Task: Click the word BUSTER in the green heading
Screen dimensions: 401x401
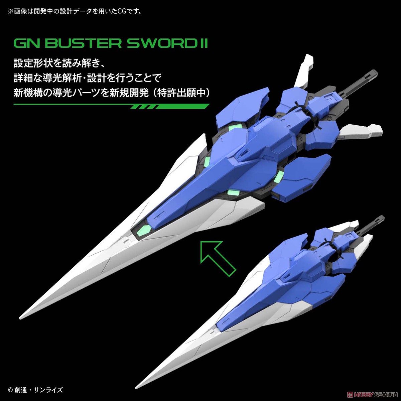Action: click(x=72, y=44)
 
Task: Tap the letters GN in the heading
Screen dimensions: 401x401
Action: click(x=24, y=44)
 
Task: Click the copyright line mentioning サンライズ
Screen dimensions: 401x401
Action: click(x=35, y=390)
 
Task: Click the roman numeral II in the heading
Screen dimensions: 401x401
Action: click(x=203, y=44)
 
